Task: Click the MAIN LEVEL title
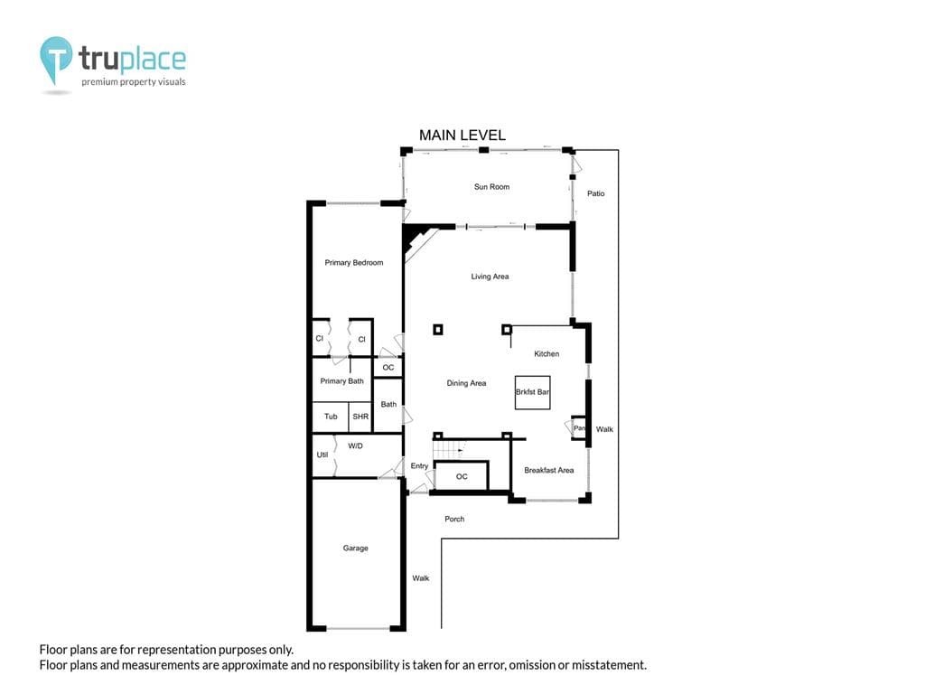462,136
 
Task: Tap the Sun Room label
491,186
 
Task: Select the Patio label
596,193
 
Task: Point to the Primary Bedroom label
354,263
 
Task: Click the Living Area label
490,277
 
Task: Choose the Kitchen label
547,353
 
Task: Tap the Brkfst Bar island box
533,392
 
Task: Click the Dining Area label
466,383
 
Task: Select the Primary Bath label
341,381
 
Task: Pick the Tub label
331,417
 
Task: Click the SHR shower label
360,417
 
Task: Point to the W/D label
355,446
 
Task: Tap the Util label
322,455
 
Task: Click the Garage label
355,549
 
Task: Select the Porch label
454,520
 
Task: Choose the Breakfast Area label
548,470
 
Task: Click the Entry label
419,465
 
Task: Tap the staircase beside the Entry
449,450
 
